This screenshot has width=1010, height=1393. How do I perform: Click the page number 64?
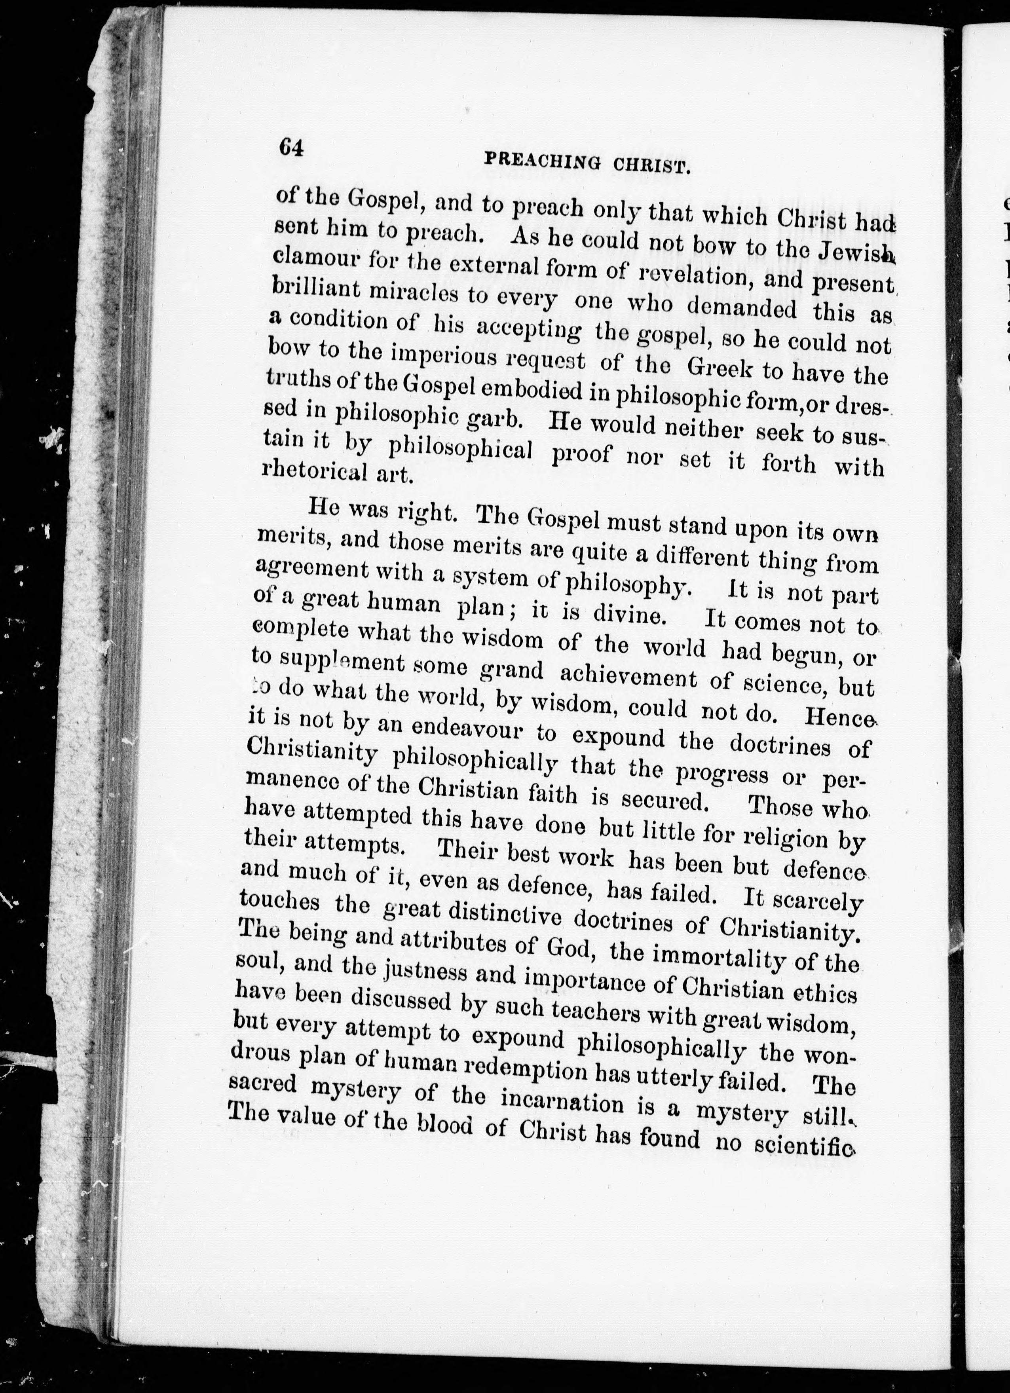290,147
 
